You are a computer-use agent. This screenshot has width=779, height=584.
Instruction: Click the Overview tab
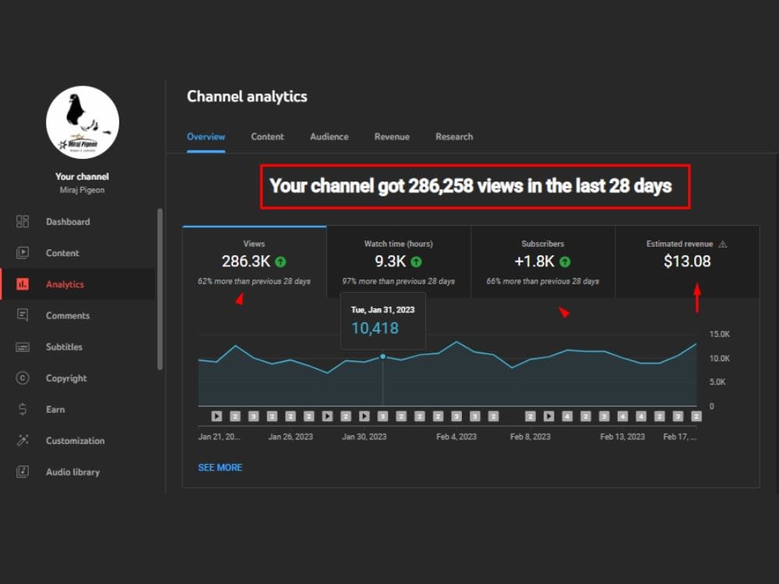[x=206, y=136]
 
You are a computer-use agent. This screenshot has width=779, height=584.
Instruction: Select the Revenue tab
[x=392, y=136]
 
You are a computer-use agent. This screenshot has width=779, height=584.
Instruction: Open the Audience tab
[x=330, y=136]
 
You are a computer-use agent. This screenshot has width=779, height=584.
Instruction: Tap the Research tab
[x=454, y=136]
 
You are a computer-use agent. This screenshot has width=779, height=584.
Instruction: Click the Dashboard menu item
[x=68, y=221]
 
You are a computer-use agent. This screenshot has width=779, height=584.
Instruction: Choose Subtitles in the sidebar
[x=64, y=347]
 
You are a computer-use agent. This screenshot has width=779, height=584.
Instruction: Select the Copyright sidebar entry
[x=66, y=378]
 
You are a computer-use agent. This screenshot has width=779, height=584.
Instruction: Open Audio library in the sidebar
[x=72, y=472]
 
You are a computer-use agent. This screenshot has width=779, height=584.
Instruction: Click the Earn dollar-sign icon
[x=23, y=410]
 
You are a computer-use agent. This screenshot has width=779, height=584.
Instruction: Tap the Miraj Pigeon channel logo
[x=83, y=122]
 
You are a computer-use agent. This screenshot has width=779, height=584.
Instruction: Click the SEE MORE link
[x=220, y=467]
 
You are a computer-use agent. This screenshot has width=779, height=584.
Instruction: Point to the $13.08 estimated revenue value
[x=687, y=261]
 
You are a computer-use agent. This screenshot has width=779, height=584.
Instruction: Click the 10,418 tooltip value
[x=375, y=329]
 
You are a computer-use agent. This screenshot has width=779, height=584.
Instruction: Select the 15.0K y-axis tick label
[x=719, y=334]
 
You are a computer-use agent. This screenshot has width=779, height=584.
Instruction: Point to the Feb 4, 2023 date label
[x=456, y=437]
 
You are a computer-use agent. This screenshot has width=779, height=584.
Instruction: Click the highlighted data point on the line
[x=382, y=357]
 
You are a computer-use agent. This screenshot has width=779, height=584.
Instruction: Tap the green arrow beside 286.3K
[x=280, y=262]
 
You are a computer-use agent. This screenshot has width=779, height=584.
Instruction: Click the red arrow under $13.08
[x=697, y=297]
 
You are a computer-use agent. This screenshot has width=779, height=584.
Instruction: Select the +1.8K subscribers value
[x=534, y=261]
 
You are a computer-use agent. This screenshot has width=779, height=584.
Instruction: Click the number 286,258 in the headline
[x=441, y=186]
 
